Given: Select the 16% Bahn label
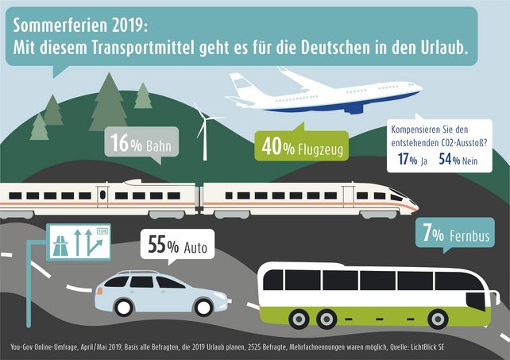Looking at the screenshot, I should (141, 145).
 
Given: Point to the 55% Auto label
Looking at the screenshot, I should (176, 246).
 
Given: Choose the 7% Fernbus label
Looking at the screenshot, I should (455, 235).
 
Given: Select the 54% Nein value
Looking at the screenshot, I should (462, 159).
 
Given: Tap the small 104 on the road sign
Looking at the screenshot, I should (100, 231).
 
